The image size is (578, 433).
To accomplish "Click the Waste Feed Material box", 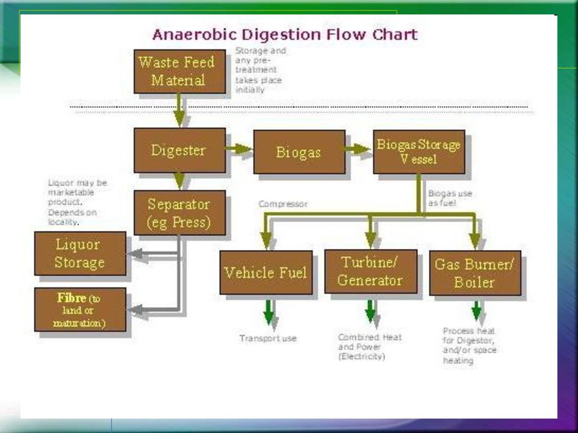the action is pos(179,72).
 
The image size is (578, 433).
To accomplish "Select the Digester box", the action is pos(179,150).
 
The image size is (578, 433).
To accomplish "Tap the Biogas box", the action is pos(299,152).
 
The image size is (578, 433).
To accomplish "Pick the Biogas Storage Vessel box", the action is pos(419,152).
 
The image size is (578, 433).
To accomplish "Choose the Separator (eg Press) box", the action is pos(179,213).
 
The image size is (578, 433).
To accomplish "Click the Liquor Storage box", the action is pos(80,253).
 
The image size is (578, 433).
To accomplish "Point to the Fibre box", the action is pos(80,310).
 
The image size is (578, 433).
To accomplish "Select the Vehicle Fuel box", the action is pos(266,272).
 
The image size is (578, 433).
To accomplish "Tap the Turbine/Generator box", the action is pos(371,271).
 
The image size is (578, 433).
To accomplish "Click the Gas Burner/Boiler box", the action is pos(475,273).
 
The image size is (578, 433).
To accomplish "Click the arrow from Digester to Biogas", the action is pos(239,149).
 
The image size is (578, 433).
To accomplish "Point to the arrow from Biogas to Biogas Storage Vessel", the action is pos(358,149).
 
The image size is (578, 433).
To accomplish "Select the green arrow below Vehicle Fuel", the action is pos(269,312).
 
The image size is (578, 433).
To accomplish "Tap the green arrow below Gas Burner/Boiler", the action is pos(476,310).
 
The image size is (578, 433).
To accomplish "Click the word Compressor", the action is pos(283,204).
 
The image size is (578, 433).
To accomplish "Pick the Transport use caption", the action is pos(268,339).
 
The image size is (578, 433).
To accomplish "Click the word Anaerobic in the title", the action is pos(194,35).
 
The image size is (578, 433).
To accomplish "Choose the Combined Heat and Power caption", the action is pos(370,346).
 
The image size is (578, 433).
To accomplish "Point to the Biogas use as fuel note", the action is pos(450,198).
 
